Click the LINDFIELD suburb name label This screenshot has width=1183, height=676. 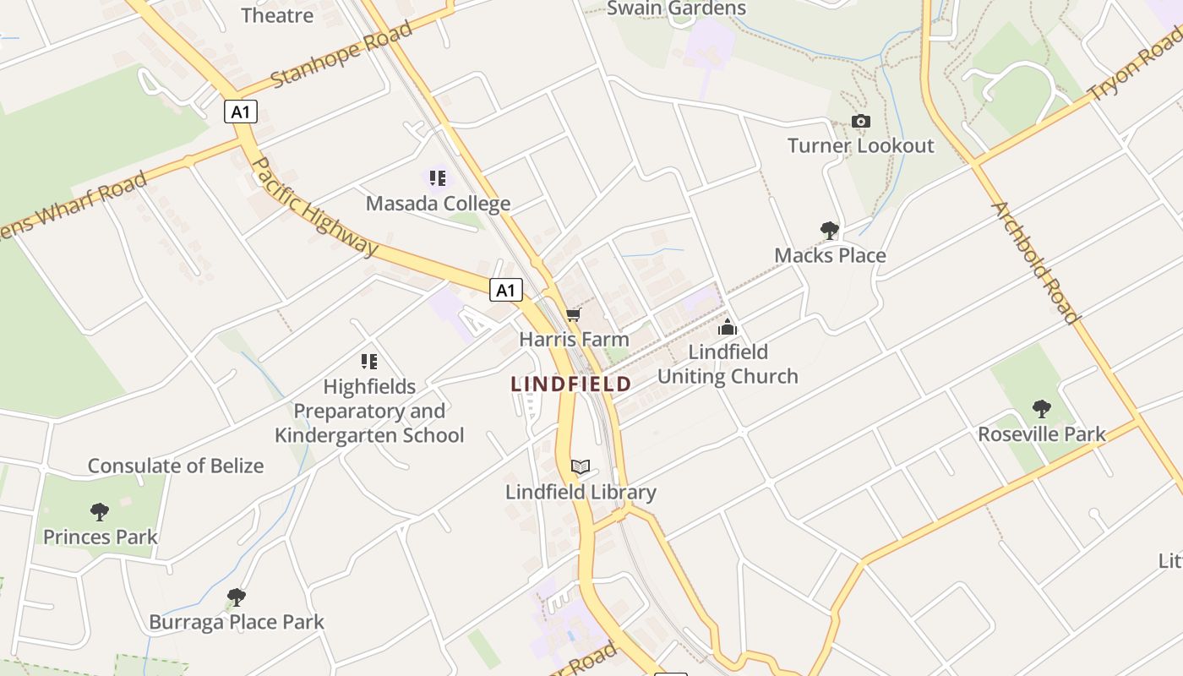pos(571,384)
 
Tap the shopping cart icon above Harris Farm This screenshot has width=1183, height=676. pos(574,315)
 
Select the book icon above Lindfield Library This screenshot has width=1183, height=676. pos(581,466)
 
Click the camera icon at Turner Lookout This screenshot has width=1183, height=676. pos(861,122)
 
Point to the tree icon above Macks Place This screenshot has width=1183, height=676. pos(830,230)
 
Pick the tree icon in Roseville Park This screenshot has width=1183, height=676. pos(1042,409)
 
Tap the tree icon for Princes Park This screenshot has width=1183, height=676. pos(100,511)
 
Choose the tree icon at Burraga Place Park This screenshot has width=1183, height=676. pos(237,597)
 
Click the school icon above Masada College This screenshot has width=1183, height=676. pos(438,178)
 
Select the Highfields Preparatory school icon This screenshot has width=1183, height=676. pos(369,362)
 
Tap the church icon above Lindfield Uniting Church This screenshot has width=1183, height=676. pos(728,327)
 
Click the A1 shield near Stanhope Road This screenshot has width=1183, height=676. pos(241,112)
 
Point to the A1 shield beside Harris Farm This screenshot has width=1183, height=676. pos(505,291)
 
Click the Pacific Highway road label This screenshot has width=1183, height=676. pos(315,206)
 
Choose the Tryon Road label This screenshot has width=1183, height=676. pos(1135,63)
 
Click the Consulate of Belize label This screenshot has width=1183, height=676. pos(176,466)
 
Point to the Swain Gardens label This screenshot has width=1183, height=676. pos(677,8)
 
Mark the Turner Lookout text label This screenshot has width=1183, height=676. pos(861,145)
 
